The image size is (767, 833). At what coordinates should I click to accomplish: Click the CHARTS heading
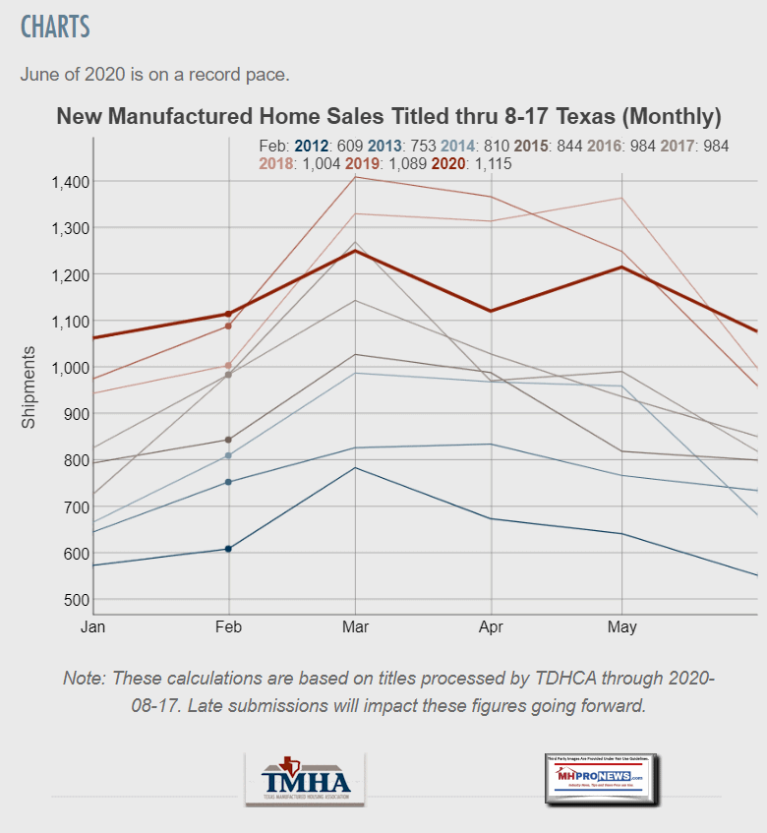click(x=55, y=27)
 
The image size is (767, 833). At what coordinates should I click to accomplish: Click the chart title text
click(x=388, y=117)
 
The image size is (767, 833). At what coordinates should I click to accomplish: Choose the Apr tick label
click(x=489, y=626)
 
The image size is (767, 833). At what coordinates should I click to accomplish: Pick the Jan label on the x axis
click(x=92, y=626)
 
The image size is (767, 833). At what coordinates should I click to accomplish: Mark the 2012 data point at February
click(x=229, y=549)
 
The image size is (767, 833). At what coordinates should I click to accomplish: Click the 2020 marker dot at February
click(x=229, y=314)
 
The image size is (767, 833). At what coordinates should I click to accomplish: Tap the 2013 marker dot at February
click(x=229, y=482)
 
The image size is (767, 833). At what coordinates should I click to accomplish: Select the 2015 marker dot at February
click(x=229, y=440)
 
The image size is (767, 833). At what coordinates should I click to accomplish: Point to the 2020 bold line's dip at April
click(x=489, y=311)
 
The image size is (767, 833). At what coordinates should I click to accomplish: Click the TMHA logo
click(x=305, y=780)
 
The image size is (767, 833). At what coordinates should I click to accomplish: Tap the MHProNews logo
click(x=602, y=780)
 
